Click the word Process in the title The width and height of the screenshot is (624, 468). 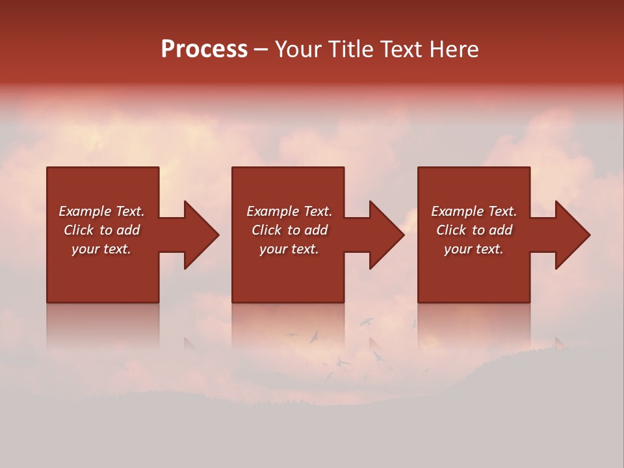[x=204, y=49]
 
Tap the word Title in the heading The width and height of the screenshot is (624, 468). [x=352, y=49]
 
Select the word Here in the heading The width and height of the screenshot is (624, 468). [x=454, y=49]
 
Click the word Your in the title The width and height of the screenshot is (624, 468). [x=300, y=49]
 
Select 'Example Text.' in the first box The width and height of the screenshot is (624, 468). [x=101, y=211]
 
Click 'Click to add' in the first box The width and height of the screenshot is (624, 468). [x=101, y=230]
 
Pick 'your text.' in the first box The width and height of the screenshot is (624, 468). [x=101, y=249]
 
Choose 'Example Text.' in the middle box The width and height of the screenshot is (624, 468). [x=289, y=211]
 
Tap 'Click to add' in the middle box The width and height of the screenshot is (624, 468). [x=289, y=230]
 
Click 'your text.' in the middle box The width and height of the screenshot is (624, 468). [x=289, y=249]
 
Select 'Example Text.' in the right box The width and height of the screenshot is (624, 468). [x=474, y=211]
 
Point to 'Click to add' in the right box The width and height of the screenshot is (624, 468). [x=474, y=230]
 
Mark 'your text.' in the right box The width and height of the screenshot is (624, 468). [x=474, y=249]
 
